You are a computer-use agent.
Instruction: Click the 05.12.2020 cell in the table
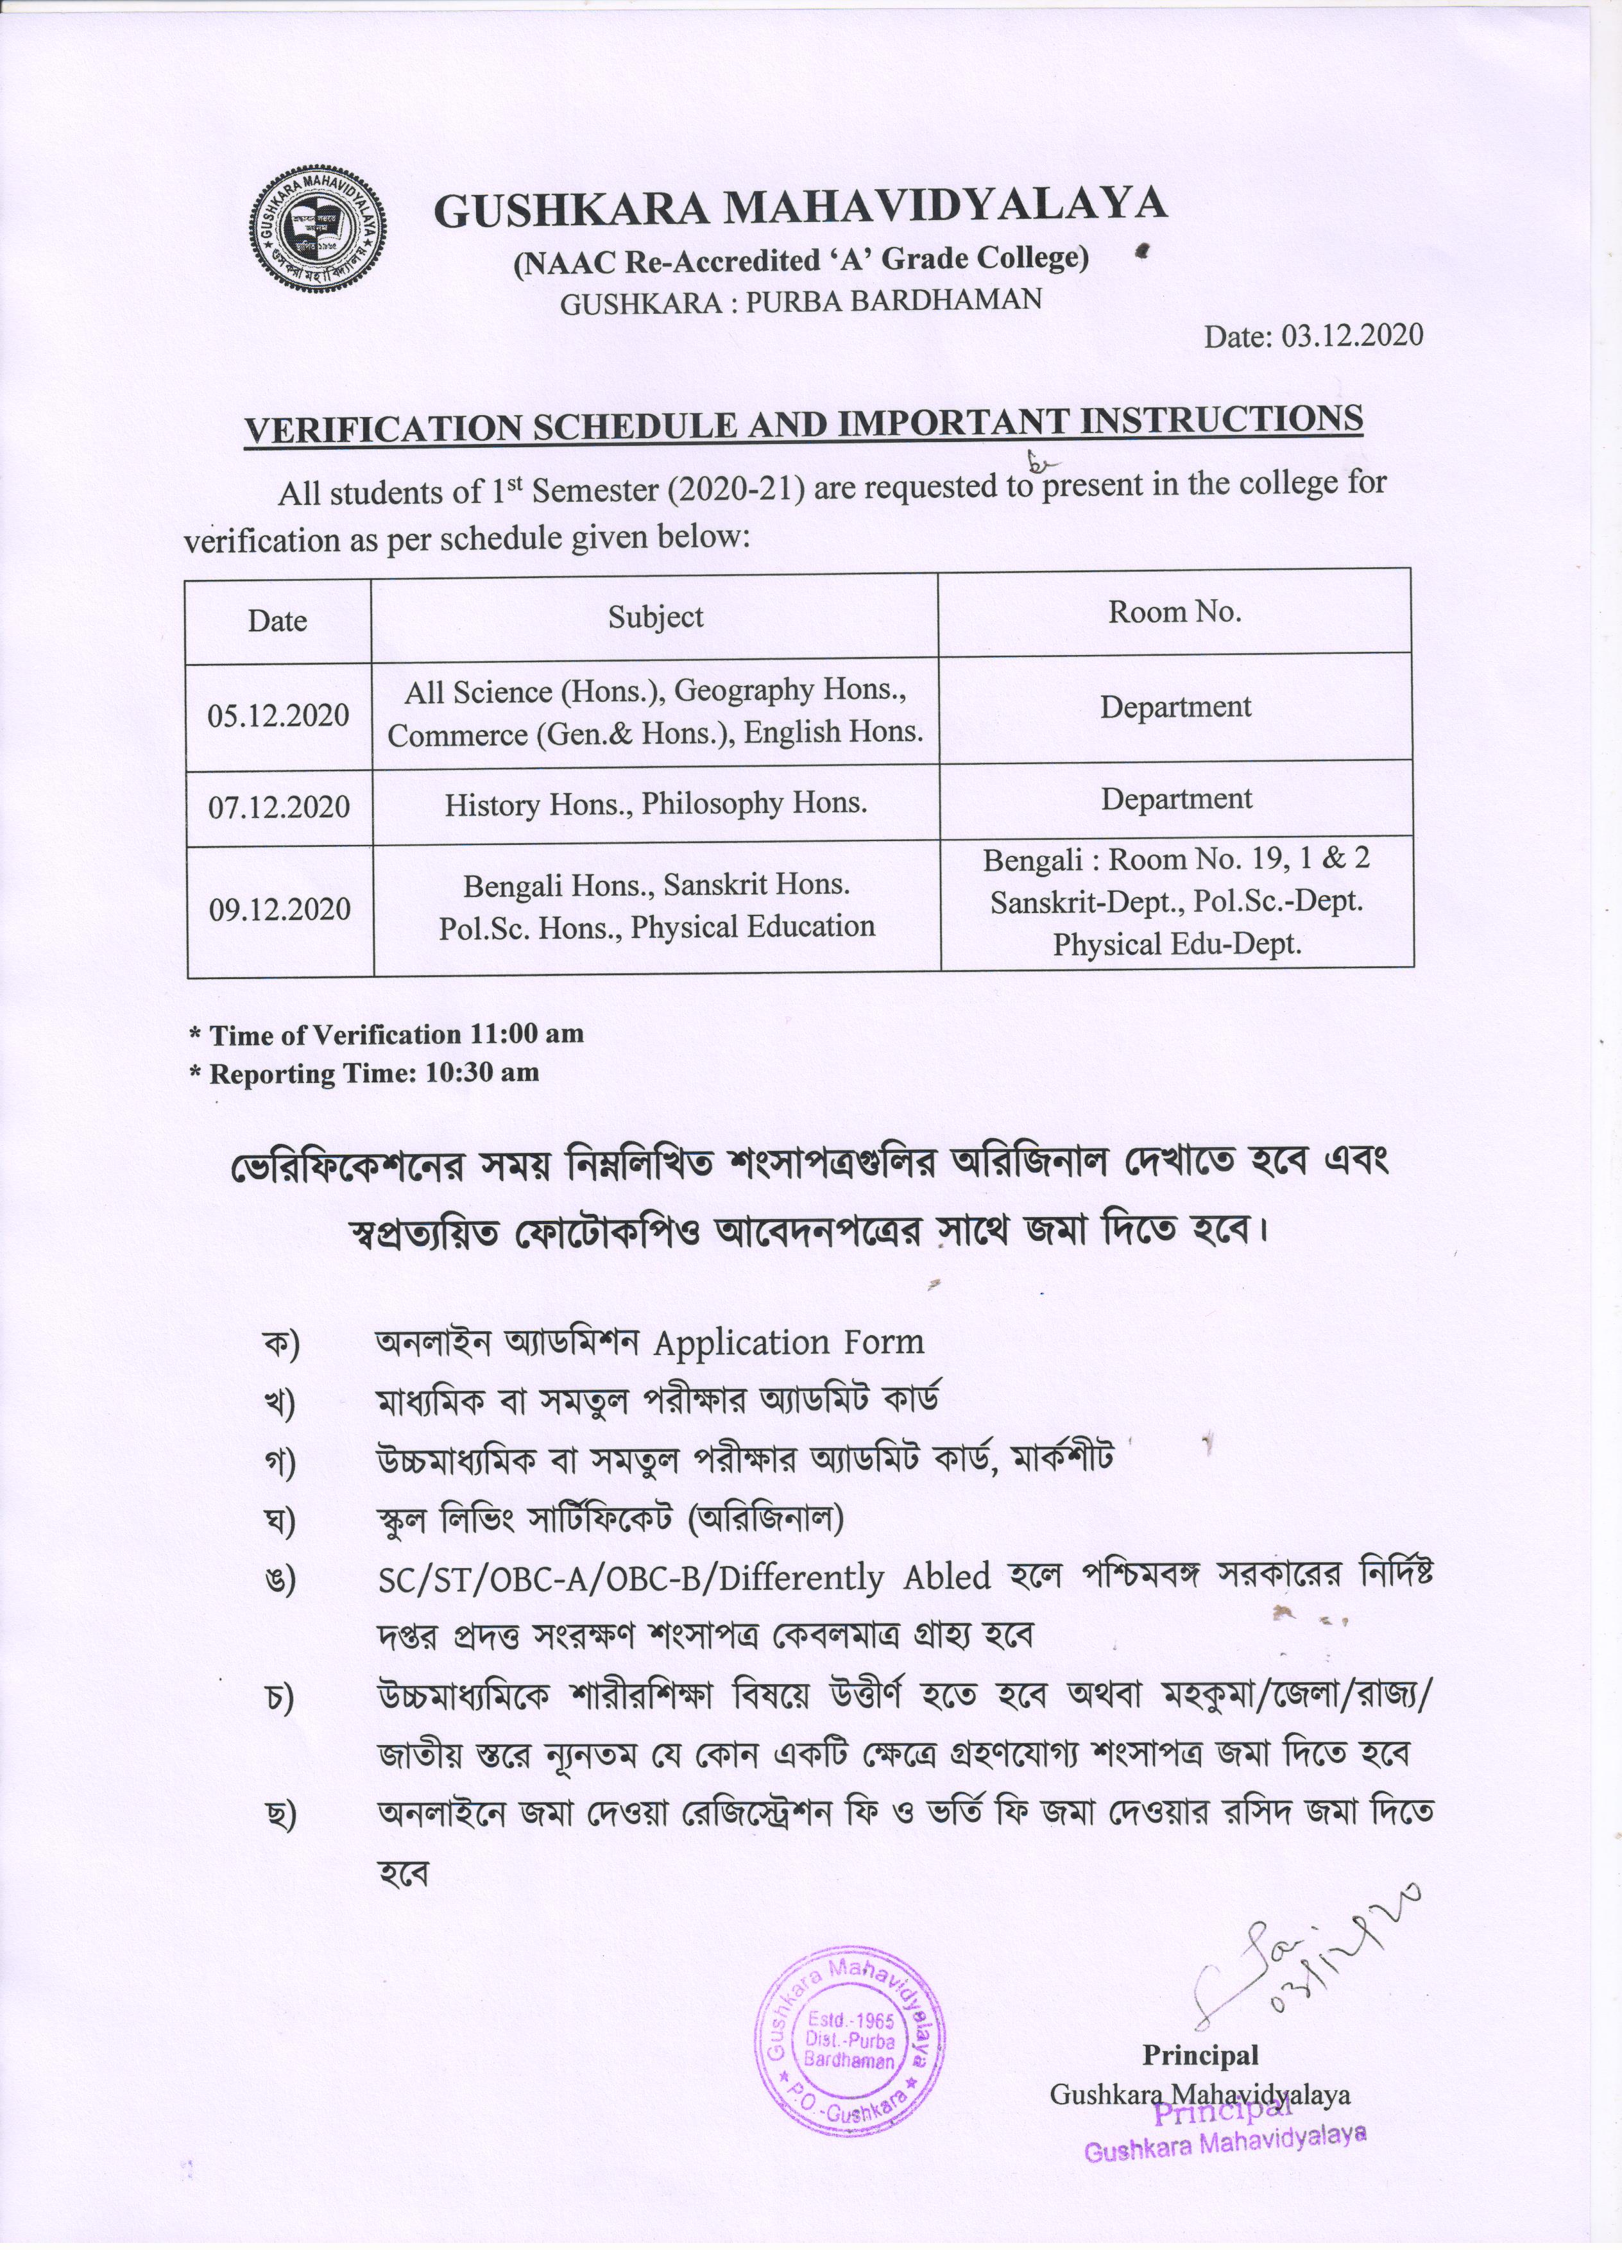pyautogui.click(x=278, y=716)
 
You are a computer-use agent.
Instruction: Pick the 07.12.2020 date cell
pyautogui.click(x=278, y=806)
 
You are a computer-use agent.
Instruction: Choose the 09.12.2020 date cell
pyautogui.click(x=280, y=910)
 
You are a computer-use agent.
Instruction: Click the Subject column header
pyautogui.click(x=656, y=617)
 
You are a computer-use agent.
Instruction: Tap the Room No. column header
pyautogui.click(x=1175, y=612)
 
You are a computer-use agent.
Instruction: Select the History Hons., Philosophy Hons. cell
pyautogui.click(x=656, y=803)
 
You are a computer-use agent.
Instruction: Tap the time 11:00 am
pyautogui.click(x=527, y=1034)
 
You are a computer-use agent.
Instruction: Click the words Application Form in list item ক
pyautogui.click(x=789, y=1343)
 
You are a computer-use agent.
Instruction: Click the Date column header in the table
pyautogui.click(x=278, y=621)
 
